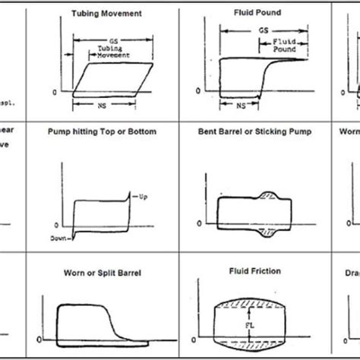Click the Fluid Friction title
245,270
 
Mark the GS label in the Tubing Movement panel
114,41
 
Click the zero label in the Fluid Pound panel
198,91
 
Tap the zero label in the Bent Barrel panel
198,225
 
